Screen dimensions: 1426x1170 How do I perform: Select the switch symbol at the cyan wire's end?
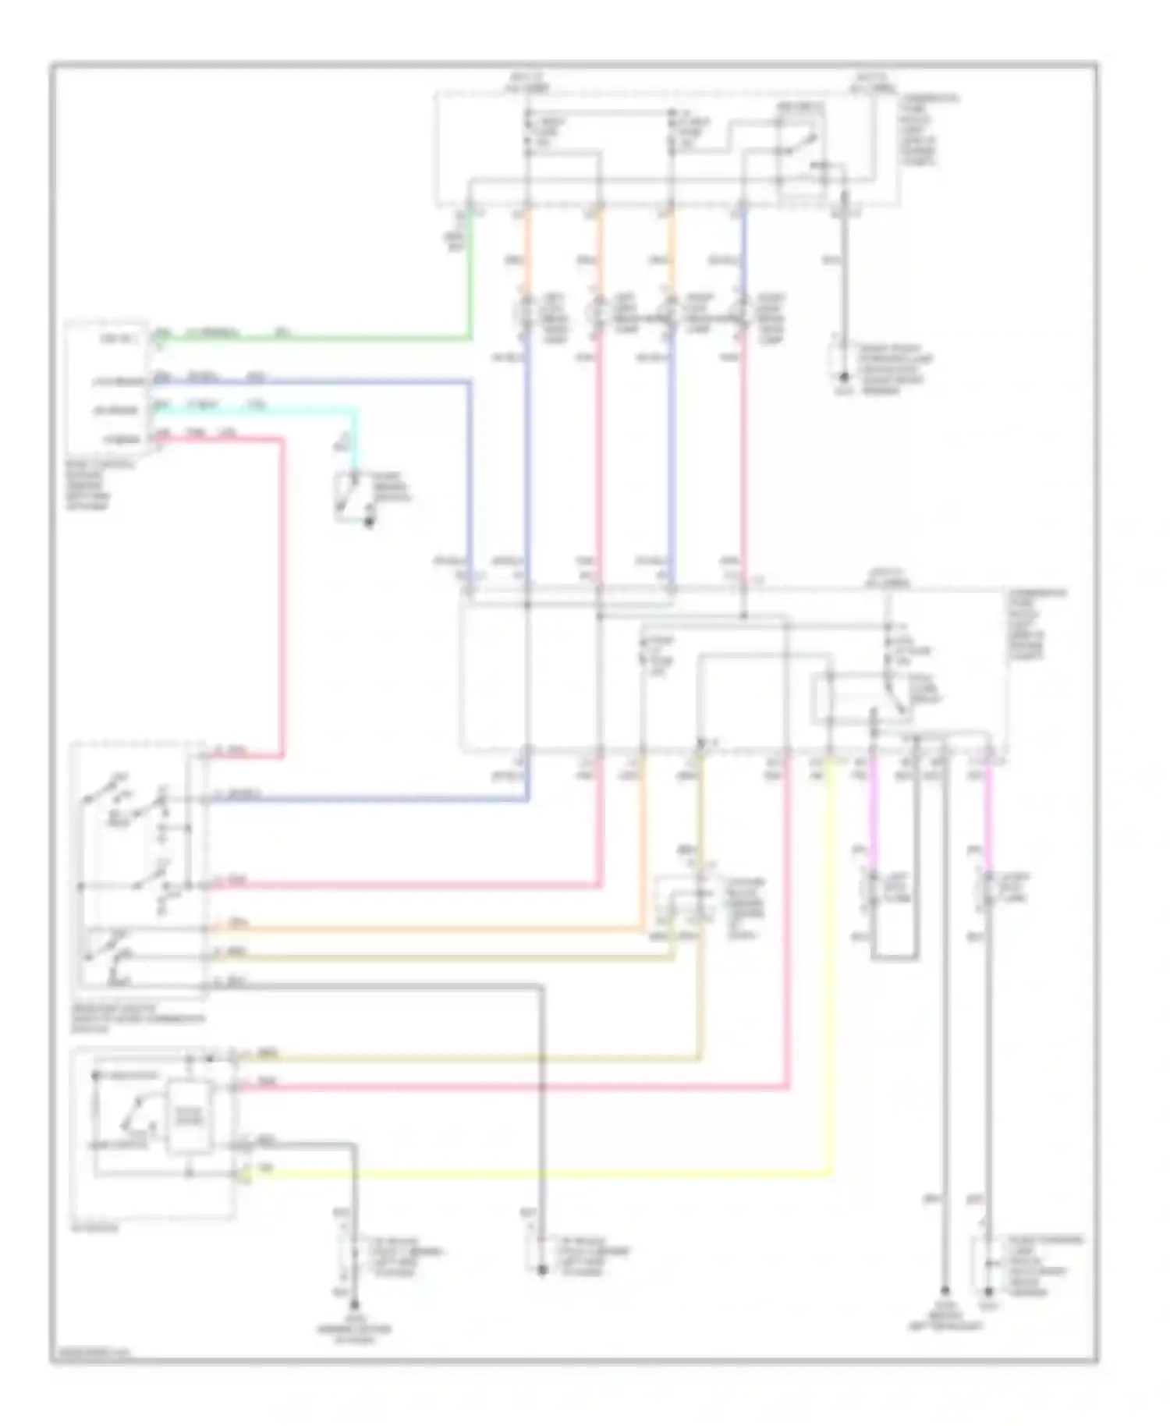pyautogui.click(x=351, y=496)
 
